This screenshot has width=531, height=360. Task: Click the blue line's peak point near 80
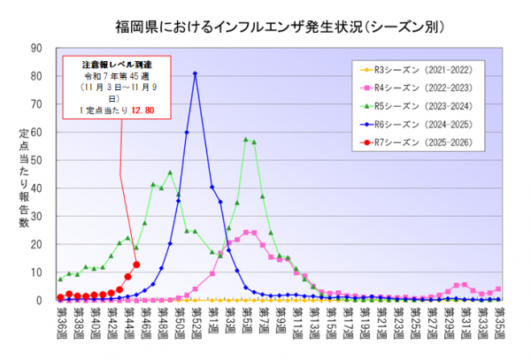click(195, 73)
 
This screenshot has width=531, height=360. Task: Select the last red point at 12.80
click(136, 264)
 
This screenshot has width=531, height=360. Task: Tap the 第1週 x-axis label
click(212, 315)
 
